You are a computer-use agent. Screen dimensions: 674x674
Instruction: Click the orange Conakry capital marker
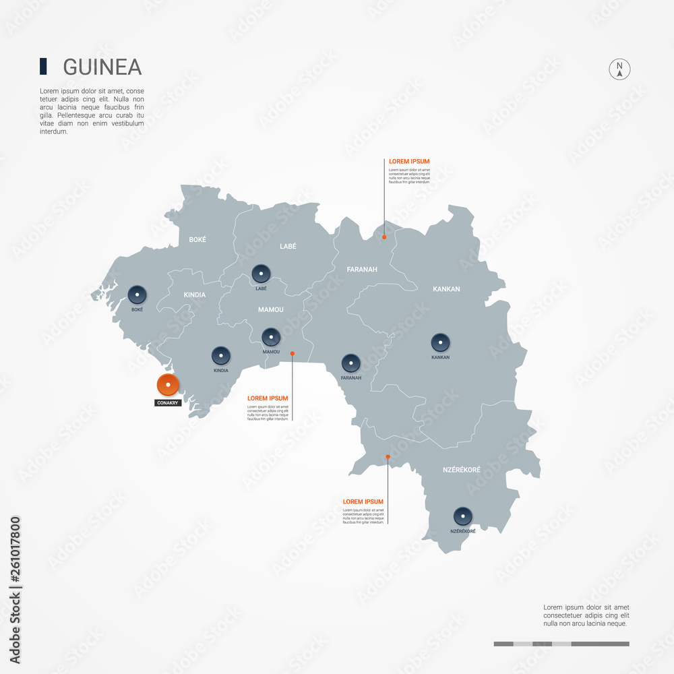[167, 385]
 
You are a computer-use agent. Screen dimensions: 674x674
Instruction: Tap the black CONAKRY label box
[167, 403]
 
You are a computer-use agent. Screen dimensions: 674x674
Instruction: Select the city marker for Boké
[137, 294]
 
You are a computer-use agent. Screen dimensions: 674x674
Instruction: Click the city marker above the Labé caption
[261, 273]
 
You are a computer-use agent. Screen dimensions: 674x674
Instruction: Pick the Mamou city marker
[271, 336]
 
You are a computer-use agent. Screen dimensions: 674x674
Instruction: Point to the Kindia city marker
[221, 355]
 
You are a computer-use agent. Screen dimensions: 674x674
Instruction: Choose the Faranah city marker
[351, 363]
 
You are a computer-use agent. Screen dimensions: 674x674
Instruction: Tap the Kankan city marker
[441, 342]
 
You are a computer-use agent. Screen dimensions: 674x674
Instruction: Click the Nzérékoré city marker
[462, 516]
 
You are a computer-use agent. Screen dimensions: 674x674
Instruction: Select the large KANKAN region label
[446, 289]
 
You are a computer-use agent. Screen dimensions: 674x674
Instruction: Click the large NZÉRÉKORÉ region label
[461, 469]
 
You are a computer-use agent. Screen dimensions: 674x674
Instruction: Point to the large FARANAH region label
[362, 270]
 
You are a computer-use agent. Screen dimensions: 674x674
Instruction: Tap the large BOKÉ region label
[197, 239]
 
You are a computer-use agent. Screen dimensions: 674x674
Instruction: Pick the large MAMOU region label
[271, 309]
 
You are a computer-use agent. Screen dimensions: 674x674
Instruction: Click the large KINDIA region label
[195, 295]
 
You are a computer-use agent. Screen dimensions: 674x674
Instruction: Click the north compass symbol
[619, 69]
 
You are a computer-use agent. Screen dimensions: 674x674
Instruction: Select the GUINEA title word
[102, 67]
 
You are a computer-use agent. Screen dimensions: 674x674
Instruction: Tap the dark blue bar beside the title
[43, 66]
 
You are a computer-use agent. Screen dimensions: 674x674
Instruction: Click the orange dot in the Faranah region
[384, 237]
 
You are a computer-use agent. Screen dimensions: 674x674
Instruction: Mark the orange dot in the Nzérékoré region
[388, 457]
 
